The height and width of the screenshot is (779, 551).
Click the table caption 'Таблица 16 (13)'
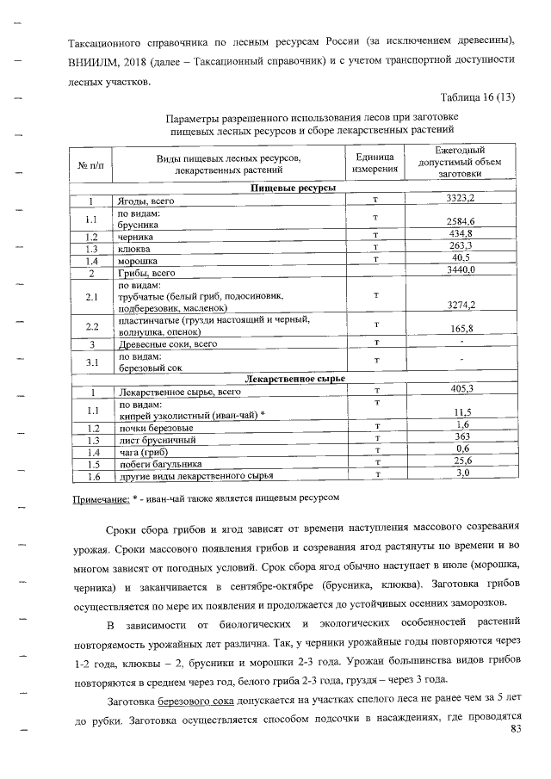(x=477, y=96)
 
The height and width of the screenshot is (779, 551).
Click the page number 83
(x=516, y=730)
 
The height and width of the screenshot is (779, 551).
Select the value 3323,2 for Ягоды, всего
(x=461, y=199)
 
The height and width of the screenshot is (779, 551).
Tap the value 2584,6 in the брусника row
(x=461, y=222)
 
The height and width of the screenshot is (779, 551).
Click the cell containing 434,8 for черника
(x=461, y=234)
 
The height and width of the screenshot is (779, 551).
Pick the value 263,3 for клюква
(x=461, y=247)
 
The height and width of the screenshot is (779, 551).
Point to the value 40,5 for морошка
(x=461, y=259)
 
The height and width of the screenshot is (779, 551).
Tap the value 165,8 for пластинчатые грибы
(x=461, y=329)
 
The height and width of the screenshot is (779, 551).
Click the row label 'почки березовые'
(x=155, y=427)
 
